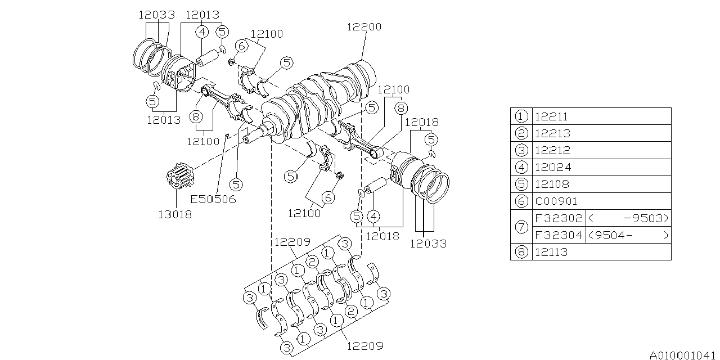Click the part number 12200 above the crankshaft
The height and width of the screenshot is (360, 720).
coord(364,26)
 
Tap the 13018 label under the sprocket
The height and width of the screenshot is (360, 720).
coord(174,214)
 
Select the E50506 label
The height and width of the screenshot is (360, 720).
coord(213,199)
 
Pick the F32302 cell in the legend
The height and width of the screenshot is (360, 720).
coord(559,218)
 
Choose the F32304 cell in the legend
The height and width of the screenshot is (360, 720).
coord(559,235)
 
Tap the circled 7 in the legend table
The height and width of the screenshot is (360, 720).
coord(521,227)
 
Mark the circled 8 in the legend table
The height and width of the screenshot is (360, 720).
coord(521,252)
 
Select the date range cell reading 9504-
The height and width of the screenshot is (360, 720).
coord(628,235)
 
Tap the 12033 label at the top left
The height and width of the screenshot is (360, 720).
coord(157,15)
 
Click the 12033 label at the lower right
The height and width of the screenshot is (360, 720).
coord(428,244)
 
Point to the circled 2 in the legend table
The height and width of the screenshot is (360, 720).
coord(521,133)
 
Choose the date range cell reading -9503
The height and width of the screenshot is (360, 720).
coord(628,218)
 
